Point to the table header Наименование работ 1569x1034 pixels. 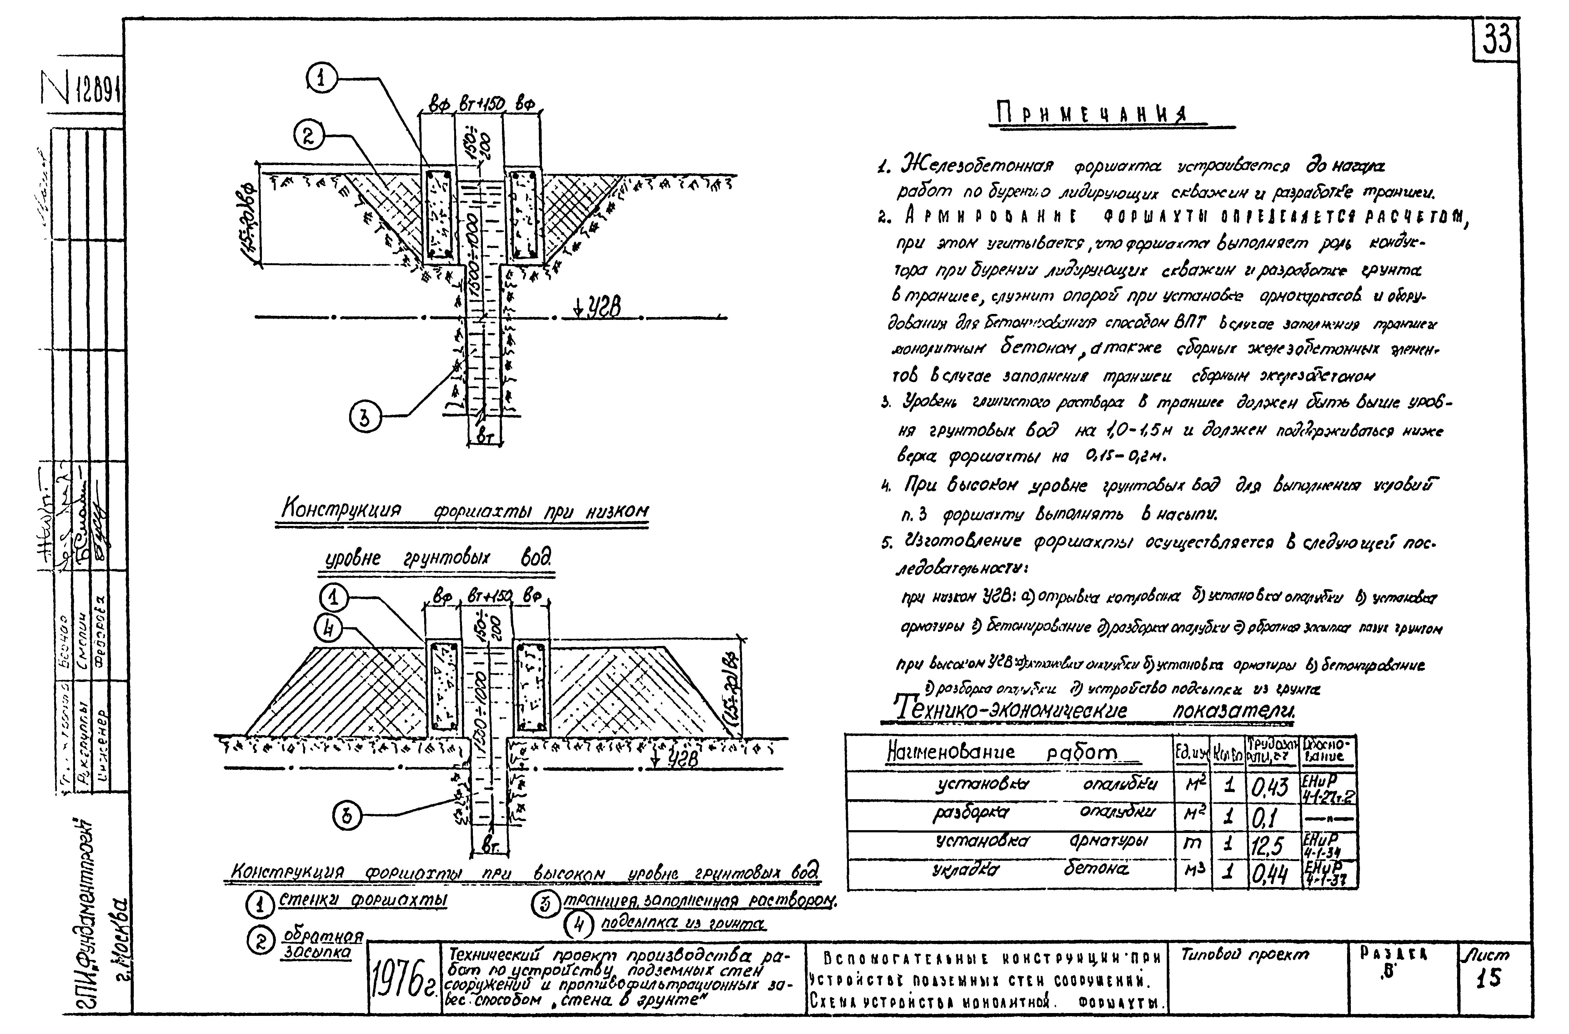(1002, 752)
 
